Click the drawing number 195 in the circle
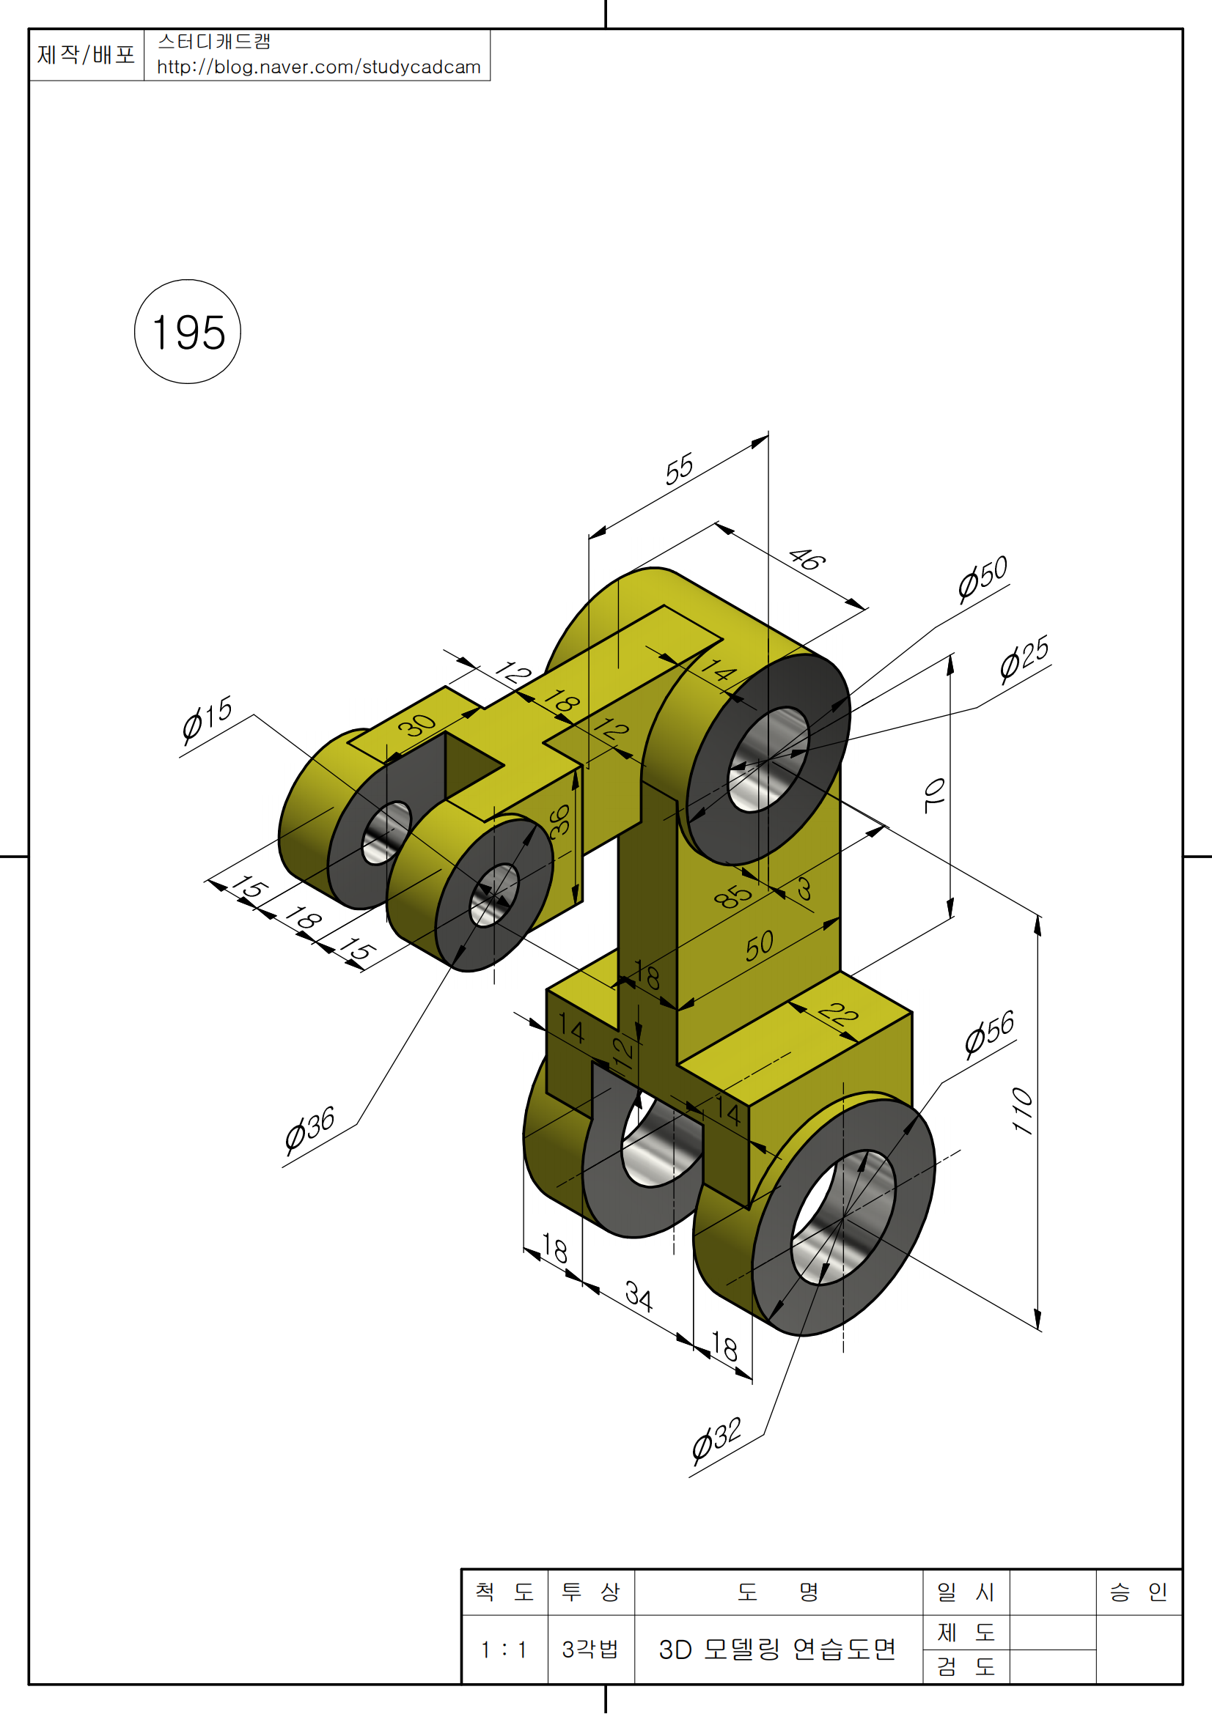188,332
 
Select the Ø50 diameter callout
983,577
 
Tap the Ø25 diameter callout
1024,659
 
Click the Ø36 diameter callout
309,1129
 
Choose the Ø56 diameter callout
988,1034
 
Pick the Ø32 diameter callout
716,1438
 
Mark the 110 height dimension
1022,1112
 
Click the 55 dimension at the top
679,469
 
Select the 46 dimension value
807,558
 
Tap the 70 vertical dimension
933,795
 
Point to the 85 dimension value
732,896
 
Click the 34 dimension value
639,1296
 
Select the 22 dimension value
838,1014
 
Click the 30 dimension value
416,724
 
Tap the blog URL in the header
319,67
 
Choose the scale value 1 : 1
504,1649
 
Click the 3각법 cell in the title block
590,1649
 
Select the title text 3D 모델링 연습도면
776,1649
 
